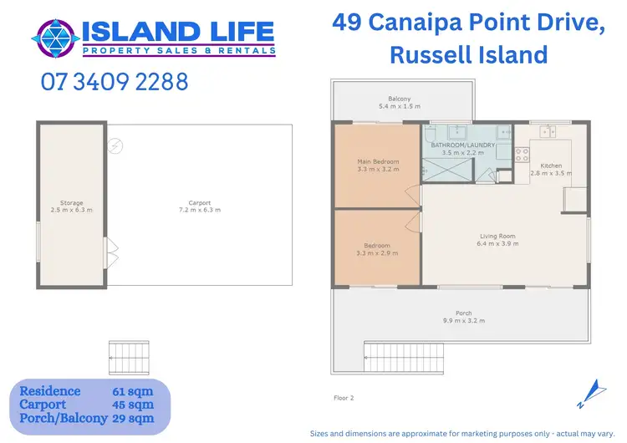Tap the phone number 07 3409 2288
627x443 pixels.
114,83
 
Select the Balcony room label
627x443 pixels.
399,99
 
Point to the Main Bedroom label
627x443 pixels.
378,161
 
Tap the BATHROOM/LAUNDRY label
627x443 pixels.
463,145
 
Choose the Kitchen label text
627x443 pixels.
551,165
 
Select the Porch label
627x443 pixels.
463,313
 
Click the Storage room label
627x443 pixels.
71,202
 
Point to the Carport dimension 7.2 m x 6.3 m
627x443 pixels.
200,210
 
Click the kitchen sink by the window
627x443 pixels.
548,131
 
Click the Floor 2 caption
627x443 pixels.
344,398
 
